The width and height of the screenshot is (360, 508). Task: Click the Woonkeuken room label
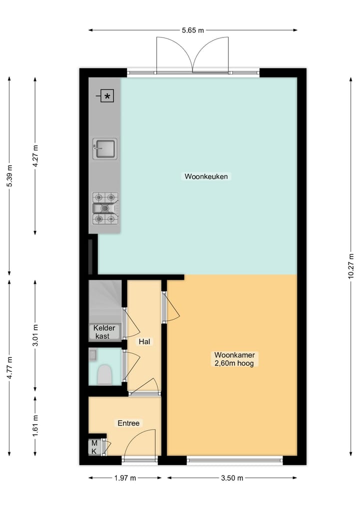coord(206,176)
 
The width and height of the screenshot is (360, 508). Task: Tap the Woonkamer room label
coord(234,359)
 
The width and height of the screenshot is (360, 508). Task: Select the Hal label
coord(144,342)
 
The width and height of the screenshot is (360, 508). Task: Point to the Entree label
coord(128,423)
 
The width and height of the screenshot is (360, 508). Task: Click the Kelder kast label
coord(104,332)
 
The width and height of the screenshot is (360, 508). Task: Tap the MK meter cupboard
coord(94,447)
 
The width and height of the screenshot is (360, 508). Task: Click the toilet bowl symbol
coord(105,375)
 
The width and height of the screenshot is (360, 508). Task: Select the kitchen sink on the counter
coord(105,149)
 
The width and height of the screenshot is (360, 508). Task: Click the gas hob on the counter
coord(105,208)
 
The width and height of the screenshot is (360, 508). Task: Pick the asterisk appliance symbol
coord(107,96)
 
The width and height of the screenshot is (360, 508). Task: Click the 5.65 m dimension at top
coord(193,30)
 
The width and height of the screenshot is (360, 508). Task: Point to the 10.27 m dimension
coord(351,266)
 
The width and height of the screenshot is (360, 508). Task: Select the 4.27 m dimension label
coord(35,156)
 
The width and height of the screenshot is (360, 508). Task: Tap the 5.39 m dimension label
coord(9,176)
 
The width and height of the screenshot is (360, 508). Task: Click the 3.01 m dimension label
coord(35,335)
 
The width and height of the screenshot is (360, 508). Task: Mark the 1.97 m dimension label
coord(125,478)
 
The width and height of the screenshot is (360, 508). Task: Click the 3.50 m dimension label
coord(232,478)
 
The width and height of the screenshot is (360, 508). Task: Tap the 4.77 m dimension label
coord(9,368)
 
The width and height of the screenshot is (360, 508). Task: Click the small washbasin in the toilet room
coord(93,355)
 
